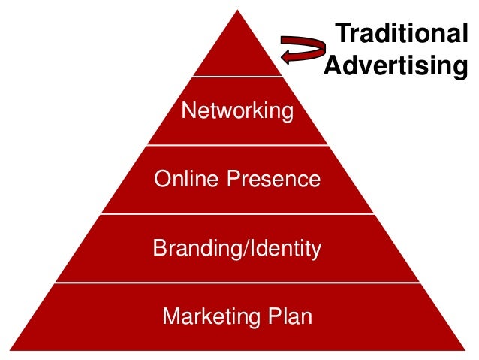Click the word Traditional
coord(401,35)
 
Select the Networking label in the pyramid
coord(237,111)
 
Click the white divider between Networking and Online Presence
coord(237,145)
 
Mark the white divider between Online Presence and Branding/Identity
coord(237,213)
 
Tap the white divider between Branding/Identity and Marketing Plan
coord(237,283)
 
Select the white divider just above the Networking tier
coord(237,76)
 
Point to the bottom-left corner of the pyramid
coord(14,349)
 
